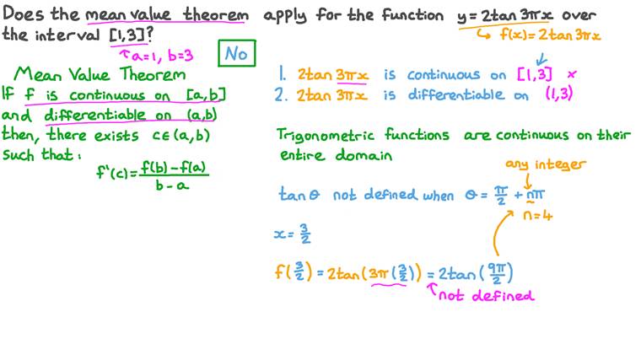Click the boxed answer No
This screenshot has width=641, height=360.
click(237, 53)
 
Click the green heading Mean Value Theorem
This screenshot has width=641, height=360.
click(100, 74)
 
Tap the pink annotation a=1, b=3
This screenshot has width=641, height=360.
click(157, 55)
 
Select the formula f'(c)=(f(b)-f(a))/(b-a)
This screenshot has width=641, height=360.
click(153, 175)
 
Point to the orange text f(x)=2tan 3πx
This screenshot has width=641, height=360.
click(550, 35)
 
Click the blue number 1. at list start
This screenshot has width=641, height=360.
click(283, 73)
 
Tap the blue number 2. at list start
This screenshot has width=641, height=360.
click(281, 94)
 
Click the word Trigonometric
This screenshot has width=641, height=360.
click(325, 136)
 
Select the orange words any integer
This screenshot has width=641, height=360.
click(546, 164)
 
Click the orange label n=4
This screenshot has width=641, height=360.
click(538, 214)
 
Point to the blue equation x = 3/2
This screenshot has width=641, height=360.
click(293, 234)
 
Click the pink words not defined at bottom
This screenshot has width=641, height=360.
click(486, 295)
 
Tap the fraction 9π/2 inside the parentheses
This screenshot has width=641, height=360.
click(497, 273)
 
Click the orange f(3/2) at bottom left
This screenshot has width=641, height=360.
click(294, 271)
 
